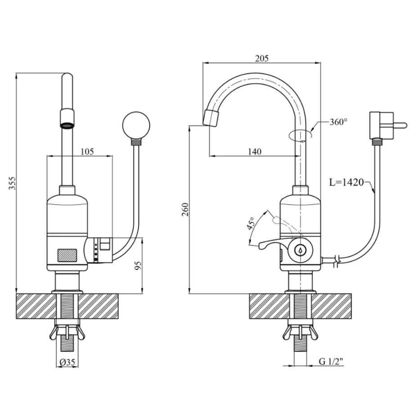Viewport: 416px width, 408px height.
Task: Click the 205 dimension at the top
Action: click(x=261, y=58)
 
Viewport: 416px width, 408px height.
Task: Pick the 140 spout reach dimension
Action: click(x=255, y=151)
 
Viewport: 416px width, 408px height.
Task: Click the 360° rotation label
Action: click(x=338, y=122)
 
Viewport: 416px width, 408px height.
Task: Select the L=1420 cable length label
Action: click(x=346, y=183)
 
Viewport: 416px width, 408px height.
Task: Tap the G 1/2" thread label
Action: click(x=331, y=362)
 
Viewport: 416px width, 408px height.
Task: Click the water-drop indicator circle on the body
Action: click(x=299, y=250)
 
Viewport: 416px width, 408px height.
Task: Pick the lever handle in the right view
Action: click(x=272, y=244)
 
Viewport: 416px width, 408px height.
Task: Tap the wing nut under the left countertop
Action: click(x=67, y=332)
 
